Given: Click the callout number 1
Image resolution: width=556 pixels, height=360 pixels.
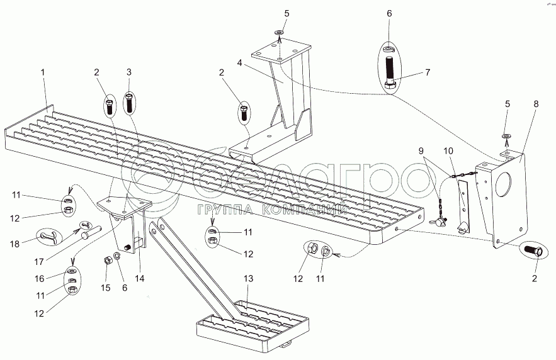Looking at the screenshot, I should tap(43, 73).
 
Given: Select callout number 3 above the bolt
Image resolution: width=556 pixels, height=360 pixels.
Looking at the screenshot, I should tap(128, 73).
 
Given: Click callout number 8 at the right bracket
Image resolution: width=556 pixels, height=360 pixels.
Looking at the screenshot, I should tap(536, 104).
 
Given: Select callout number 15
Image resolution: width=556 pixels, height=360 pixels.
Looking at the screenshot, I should tap(105, 288).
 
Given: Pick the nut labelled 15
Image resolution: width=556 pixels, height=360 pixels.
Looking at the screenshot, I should tap(106, 260).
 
